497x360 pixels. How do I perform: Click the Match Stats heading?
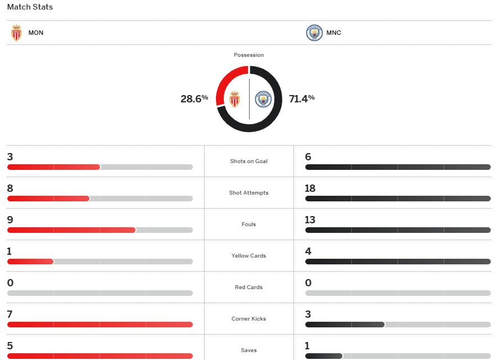click(30, 7)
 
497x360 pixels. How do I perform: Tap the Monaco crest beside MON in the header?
click(17, 33)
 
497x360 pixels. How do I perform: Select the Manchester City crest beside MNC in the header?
click(314, 33)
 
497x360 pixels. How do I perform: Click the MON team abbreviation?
click(36, 33)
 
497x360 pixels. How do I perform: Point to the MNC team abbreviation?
click(333, 33)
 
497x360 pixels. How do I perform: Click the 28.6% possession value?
click(194, 98)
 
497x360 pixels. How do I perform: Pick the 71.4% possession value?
click(301, 98)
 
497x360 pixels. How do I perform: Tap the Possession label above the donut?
click(248, 55)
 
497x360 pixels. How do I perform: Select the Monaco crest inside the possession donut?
click(234, 100)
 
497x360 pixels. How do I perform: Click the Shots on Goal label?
click(248, 161)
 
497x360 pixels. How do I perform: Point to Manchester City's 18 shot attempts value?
click(310, 188)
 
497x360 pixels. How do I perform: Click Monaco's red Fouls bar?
click(71, 230)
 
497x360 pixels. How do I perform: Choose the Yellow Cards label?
click(248, 256)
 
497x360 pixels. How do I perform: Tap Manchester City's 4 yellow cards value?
click(308, 251)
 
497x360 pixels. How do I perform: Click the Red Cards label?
click(248, 287)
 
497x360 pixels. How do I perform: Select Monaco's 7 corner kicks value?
click(10, 314)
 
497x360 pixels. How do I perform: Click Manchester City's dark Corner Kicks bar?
click(345, 325)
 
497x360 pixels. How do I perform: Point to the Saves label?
click(248, 350)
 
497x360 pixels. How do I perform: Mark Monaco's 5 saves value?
click(10, 346)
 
